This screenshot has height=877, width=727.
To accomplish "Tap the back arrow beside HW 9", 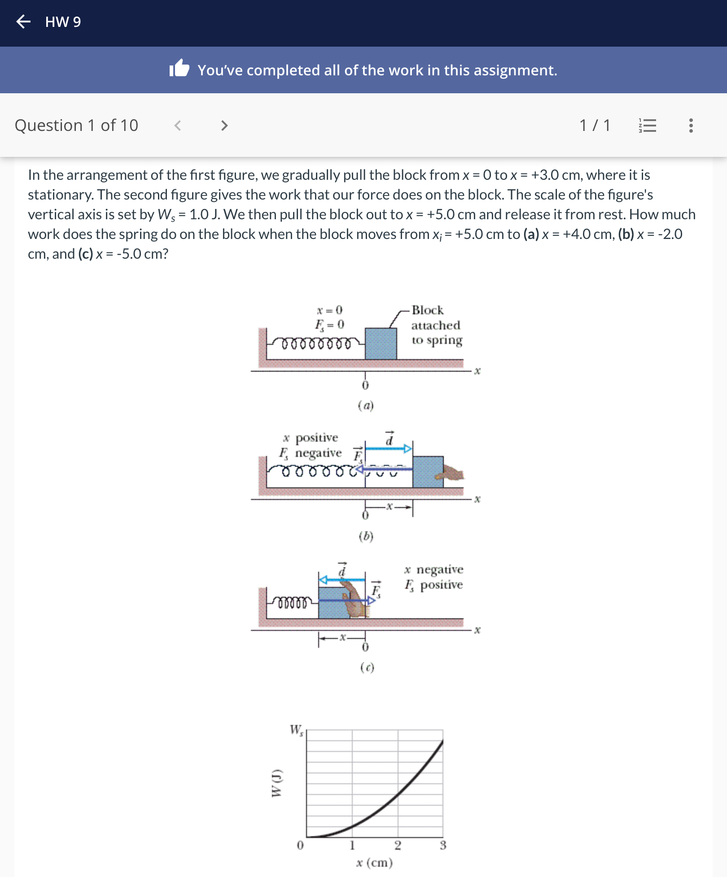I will (23, 22).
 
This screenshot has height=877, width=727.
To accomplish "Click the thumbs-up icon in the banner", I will (180, 69).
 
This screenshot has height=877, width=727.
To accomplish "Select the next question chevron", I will (224, 126).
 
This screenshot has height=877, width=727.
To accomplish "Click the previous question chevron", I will (178, 126).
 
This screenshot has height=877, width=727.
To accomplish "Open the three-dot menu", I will (691, 126).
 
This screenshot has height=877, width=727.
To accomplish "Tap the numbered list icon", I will (647, 126).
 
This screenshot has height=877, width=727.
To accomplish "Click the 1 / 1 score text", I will (595, 126).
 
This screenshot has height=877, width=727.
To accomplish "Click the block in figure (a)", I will (381, 344).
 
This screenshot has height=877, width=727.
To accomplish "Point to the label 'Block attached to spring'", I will (436, 325).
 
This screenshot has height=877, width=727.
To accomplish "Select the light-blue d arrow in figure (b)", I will (388, 448).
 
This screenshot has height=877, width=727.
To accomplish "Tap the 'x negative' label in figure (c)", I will (434, 569).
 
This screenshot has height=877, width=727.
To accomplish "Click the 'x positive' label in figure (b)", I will (311, 438).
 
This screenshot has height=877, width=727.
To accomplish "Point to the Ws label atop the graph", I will (296, 730).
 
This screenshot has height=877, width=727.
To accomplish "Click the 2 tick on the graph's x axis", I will (398, 845).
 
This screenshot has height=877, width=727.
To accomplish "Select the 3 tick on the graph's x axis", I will (442, 845).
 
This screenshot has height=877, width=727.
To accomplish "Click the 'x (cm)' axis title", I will (374, 863).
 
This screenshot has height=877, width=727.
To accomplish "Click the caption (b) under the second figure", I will (366, 536).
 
